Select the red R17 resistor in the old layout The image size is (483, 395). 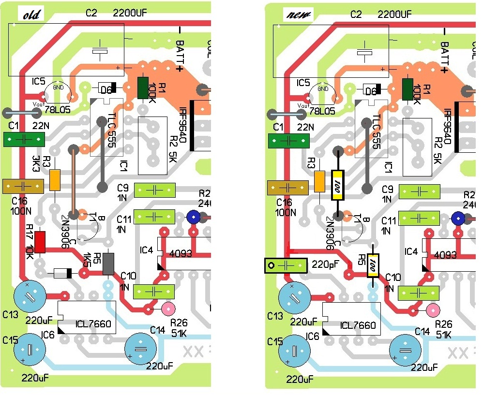point(40,242)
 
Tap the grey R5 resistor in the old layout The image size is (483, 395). point(109,263)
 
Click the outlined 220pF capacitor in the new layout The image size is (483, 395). point(286,265)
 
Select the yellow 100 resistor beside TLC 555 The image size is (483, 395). point(337,185)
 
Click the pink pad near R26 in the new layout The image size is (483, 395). point(432,309)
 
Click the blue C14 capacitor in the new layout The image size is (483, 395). point(406,350)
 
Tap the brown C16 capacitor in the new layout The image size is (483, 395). point(288,187)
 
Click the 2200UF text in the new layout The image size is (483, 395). point(394,15)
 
